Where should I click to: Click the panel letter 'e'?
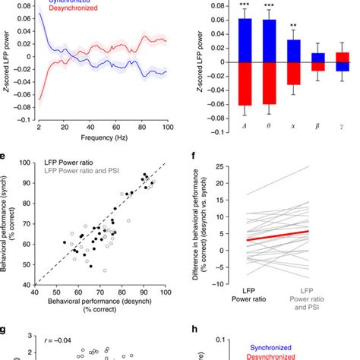[5, 157]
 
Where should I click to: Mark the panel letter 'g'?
[5, 332]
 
